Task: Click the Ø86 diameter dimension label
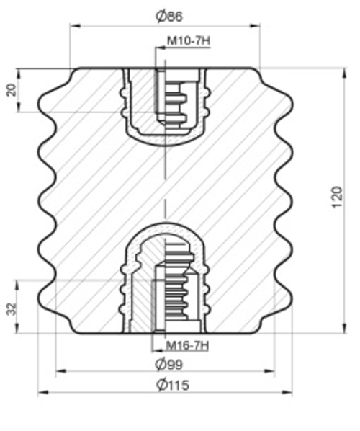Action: tap(169, 17)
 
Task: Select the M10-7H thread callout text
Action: tap(189, 41)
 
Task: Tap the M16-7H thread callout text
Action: tap(187, 345)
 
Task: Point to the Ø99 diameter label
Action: tap(169, 364)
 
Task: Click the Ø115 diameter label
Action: tap(173, 385)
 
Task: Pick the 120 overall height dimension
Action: tap(338, 197)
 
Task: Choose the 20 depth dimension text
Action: tap(12, 89)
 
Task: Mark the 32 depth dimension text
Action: tap(12, 308)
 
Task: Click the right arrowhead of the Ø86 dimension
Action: tap(255, 26)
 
